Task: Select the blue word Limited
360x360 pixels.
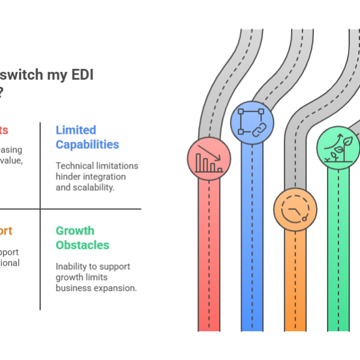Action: pos(76,130)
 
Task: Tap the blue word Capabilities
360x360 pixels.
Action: pos(87,144)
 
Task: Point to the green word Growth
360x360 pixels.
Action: pos(75,230)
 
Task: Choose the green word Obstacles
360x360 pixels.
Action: pos(82,245)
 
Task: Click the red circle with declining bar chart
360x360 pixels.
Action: pos(209,159)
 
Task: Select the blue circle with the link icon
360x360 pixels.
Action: pos(252,122)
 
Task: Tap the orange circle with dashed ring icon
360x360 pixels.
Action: pos(295,209)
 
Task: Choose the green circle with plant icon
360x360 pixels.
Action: pos(338,148)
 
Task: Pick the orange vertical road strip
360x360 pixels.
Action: pos(295,282)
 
